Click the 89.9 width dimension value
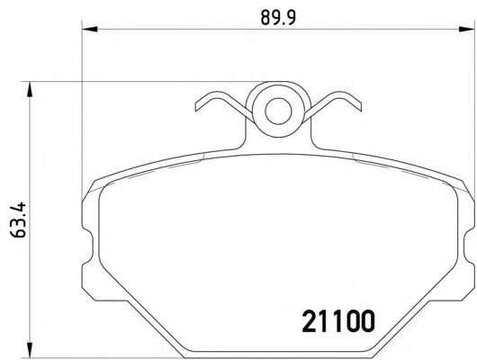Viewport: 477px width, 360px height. point(278,18)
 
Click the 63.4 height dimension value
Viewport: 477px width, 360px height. point(18,220)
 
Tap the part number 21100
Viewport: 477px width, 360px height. point(338,320)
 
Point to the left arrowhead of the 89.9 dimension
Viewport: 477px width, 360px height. point(90,29)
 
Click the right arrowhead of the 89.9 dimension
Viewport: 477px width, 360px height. point(466,29)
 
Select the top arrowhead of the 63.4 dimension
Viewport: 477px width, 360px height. point(30,89)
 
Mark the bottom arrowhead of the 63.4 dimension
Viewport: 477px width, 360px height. point(30,350)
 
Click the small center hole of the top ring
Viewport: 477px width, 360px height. point(278,111)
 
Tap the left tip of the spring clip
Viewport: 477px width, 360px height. point(196,107)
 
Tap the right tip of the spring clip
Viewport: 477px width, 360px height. point(361,106)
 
